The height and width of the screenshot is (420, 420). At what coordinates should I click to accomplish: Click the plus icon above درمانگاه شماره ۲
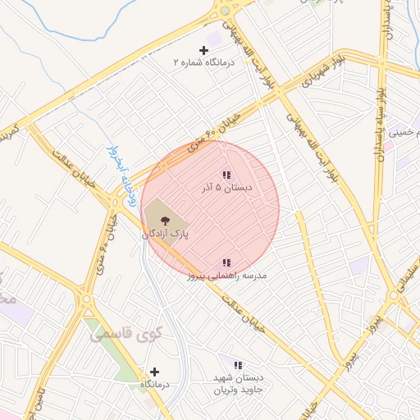pos(204,50)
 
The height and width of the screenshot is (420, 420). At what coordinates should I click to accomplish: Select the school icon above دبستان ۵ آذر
pos(226,175)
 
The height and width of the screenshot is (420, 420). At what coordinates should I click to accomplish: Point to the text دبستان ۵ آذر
pos(226,188)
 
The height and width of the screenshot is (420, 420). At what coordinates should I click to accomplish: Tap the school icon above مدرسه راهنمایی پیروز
pos(226,262)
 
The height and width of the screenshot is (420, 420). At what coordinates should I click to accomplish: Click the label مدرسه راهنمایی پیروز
pos(226,276)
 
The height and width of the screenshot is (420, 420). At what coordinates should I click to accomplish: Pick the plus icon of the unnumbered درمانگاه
pos(154,372)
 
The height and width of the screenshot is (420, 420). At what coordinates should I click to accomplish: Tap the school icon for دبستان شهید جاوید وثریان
pos(238,365)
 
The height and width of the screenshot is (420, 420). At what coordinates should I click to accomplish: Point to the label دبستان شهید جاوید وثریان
pos(237,383)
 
